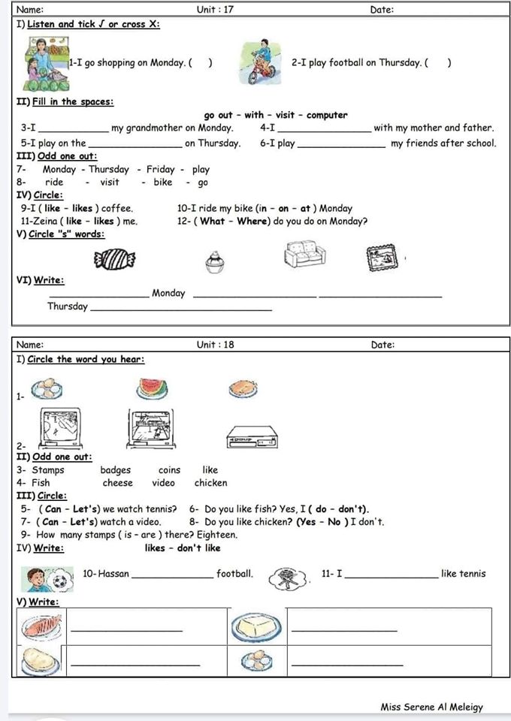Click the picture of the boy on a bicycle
pos(259,62)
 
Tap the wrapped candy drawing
pos(114,260)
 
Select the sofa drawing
pos(305,254)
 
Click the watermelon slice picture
pos(153,388)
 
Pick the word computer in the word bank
pos(327,115)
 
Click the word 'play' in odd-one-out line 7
pos(201,170)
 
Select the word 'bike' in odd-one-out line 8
pos(163,182)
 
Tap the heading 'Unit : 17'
pos(215,10)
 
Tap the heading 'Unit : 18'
pos(215,345)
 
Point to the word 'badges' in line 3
pos(115,470)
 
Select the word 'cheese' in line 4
pos(117,483)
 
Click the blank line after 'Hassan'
pos(171,575)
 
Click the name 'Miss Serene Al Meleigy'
pos(431,707)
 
